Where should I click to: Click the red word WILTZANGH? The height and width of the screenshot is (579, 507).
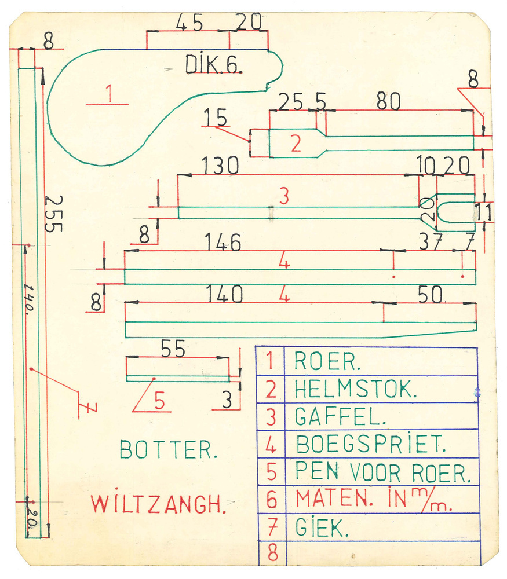click(158, 504)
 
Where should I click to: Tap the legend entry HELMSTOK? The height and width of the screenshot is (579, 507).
click(355, 389)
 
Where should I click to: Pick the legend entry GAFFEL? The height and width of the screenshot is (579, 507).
click(333, 416)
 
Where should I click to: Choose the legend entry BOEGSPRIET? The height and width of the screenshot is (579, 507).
click(371, 444)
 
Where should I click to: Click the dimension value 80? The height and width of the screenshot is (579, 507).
click(388, 102)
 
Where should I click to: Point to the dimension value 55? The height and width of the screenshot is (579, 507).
click(172, 349)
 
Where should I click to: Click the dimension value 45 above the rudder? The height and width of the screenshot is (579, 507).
click(189, 24)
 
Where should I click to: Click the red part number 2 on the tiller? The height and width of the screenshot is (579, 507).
click(296, 144)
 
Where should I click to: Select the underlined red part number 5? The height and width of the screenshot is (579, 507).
click(159, 401)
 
